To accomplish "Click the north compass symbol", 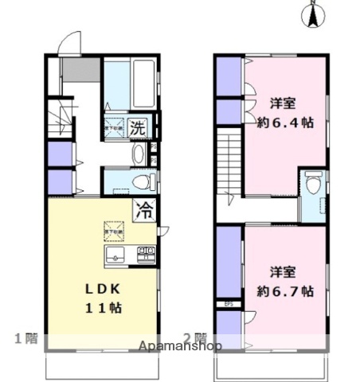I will coord(312,14).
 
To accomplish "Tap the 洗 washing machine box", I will coord(137,127).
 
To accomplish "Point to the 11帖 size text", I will coord(92,307).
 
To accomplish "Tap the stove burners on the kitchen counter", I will coord(147,255).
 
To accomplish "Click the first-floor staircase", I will coord(60,123).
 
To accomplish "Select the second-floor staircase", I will coord(229,163).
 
